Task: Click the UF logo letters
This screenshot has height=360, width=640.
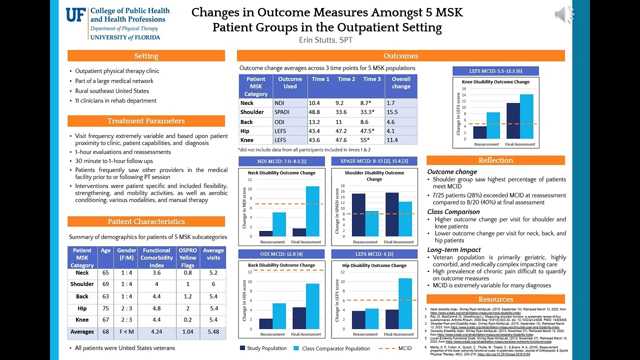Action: click(77, 15)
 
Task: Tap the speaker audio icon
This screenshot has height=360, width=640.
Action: click(564, 15)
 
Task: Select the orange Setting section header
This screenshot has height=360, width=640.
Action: click(146, 56)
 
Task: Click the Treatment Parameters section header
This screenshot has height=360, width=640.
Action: click(146, 121)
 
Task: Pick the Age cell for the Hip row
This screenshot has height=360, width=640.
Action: click(105, 308)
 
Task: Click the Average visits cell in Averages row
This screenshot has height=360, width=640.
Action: click(213, 331)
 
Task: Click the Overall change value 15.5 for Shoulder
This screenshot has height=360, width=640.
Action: click(400, 112)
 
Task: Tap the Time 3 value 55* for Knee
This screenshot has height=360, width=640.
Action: click(371, 140)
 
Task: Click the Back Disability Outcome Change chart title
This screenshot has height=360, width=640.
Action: click(281, 265)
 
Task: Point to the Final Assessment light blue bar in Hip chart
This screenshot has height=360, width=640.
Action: click(405, 303)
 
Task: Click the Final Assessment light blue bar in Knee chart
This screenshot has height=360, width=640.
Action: click(526, 116)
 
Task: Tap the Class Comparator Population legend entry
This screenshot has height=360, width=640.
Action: click(334, 348)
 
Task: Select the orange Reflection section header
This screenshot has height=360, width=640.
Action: click(495, 160)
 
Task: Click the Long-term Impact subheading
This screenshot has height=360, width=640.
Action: click(454, 250)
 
